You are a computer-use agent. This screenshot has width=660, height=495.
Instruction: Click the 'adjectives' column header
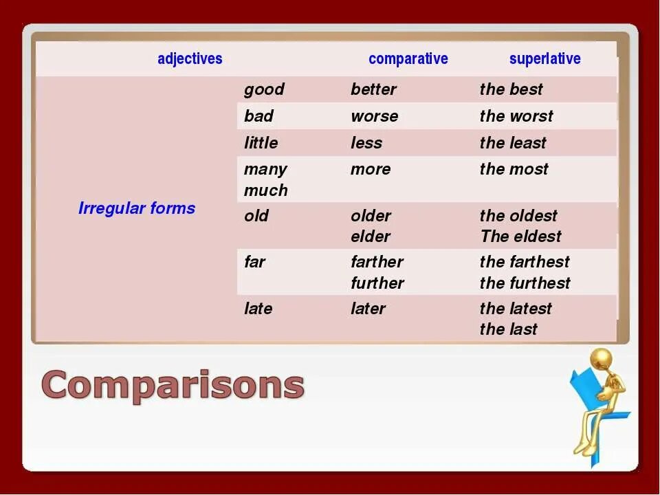click(190, 59)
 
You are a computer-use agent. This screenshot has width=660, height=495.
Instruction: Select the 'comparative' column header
click(408, 59)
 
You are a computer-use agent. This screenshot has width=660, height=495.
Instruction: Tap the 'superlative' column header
click(544, 59)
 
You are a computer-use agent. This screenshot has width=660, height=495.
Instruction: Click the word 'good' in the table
click(264, 89)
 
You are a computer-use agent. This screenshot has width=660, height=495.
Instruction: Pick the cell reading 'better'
click(373, 89)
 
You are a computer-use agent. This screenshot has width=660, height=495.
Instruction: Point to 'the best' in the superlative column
click(511, 89)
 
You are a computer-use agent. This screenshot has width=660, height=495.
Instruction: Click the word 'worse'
click(374, 116)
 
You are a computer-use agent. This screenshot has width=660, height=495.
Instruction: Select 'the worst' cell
click(516, 116)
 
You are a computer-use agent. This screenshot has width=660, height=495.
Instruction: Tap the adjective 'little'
click(261, 143)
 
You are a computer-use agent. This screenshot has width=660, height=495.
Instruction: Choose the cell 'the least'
click(512, 143)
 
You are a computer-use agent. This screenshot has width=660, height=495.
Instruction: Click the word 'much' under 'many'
click(265, 190)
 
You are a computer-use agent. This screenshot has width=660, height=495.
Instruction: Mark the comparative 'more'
click(370, 169)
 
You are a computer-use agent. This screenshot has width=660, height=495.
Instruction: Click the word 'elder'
click(370, 236)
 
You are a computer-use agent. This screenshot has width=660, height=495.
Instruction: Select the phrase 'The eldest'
click(520, 236)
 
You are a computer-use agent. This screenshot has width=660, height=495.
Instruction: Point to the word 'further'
click(377, 283)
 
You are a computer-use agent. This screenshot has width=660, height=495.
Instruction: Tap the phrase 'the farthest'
click(524, 262)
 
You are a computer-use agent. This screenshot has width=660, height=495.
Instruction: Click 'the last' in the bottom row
click(508, 329)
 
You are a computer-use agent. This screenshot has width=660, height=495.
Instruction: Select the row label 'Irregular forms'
click(137, 208)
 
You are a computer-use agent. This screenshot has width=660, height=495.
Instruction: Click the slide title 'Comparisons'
click(173, 384)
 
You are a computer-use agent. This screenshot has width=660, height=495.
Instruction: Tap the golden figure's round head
click(601, 358)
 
